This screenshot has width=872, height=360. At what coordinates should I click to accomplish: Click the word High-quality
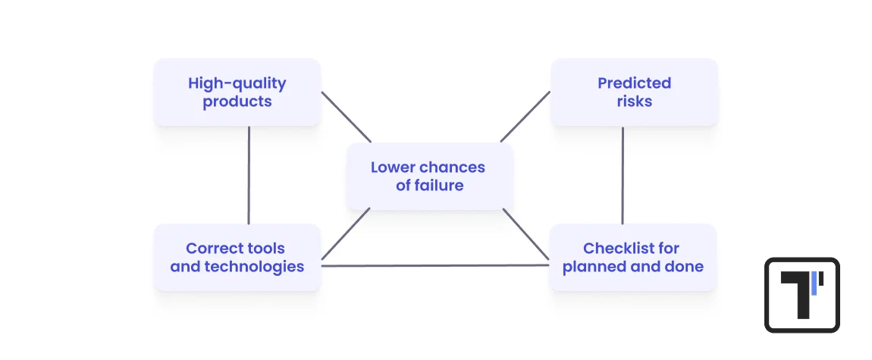point(237,83)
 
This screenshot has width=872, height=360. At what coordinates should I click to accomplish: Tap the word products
point(237,102)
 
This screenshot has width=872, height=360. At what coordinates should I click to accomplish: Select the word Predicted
point(634,83)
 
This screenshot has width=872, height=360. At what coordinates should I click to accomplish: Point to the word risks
point(634,102)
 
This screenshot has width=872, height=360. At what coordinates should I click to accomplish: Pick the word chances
point(453,167)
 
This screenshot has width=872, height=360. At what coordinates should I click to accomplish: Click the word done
point(686,267)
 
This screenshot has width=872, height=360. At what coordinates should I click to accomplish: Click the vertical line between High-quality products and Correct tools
point(249,174)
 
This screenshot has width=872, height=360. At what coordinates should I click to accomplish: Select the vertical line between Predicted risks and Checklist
point(623,174)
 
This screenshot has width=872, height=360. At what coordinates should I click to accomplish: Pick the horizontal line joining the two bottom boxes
point(434,266)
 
